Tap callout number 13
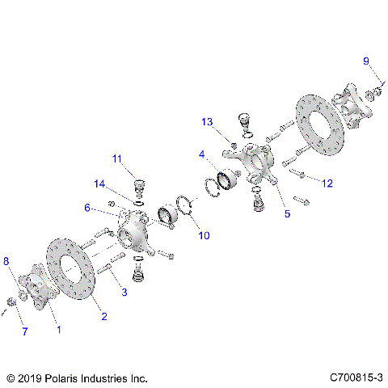tap(208, 121)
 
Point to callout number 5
tap(286, 215)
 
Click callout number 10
tap(204, 235)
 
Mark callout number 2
tap(103, 317)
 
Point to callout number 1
tap(57, 330)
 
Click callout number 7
tap(23, 331)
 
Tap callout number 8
tap(7, 261)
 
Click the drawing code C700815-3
tap(356, 377)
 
